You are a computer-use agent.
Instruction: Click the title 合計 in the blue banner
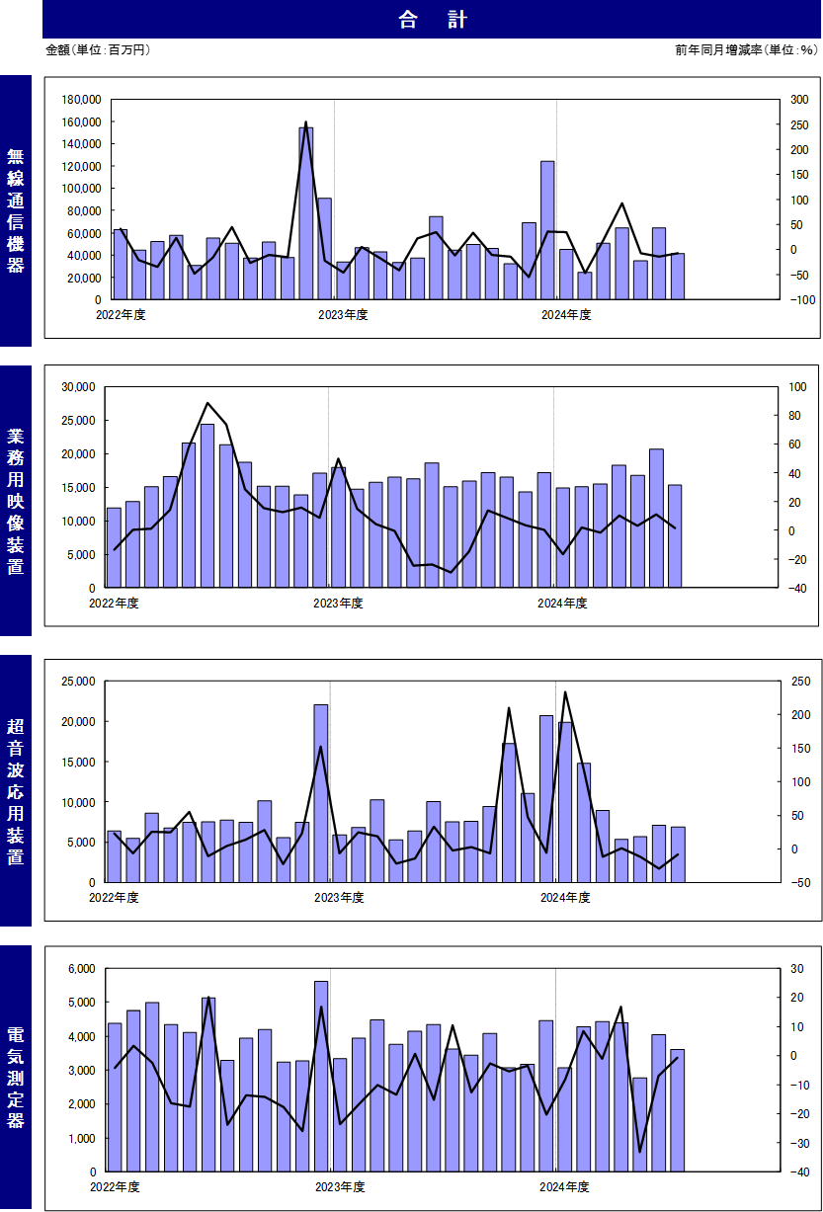point(433,20)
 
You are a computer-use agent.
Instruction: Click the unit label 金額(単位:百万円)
point(98,49)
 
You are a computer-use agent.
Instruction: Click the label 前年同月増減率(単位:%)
point(746,49)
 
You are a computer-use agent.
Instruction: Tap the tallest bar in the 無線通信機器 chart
point(305,213)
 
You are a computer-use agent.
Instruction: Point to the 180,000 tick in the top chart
point(81,100)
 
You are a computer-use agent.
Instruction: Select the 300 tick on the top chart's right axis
point(799,100)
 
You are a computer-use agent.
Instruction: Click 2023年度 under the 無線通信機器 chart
point(343,314)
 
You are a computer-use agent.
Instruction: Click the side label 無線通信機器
point(15,210)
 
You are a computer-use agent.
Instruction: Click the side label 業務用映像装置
point(15,501)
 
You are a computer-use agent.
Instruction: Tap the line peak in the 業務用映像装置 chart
point(207,403)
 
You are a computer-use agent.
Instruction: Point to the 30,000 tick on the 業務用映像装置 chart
point(78,387)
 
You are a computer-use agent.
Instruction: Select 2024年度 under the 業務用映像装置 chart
point(562,603)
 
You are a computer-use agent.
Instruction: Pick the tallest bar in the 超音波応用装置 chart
point(321,793)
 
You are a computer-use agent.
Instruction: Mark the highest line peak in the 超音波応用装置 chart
point(565,692)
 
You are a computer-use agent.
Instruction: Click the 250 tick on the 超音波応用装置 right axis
point(801,682)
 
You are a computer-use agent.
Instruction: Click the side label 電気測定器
point(15,1080)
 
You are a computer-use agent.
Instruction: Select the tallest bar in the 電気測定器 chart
point(321,1077)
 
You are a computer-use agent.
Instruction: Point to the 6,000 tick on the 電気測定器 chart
point(82,969)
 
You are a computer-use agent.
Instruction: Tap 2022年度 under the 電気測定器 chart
point(115,1186)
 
